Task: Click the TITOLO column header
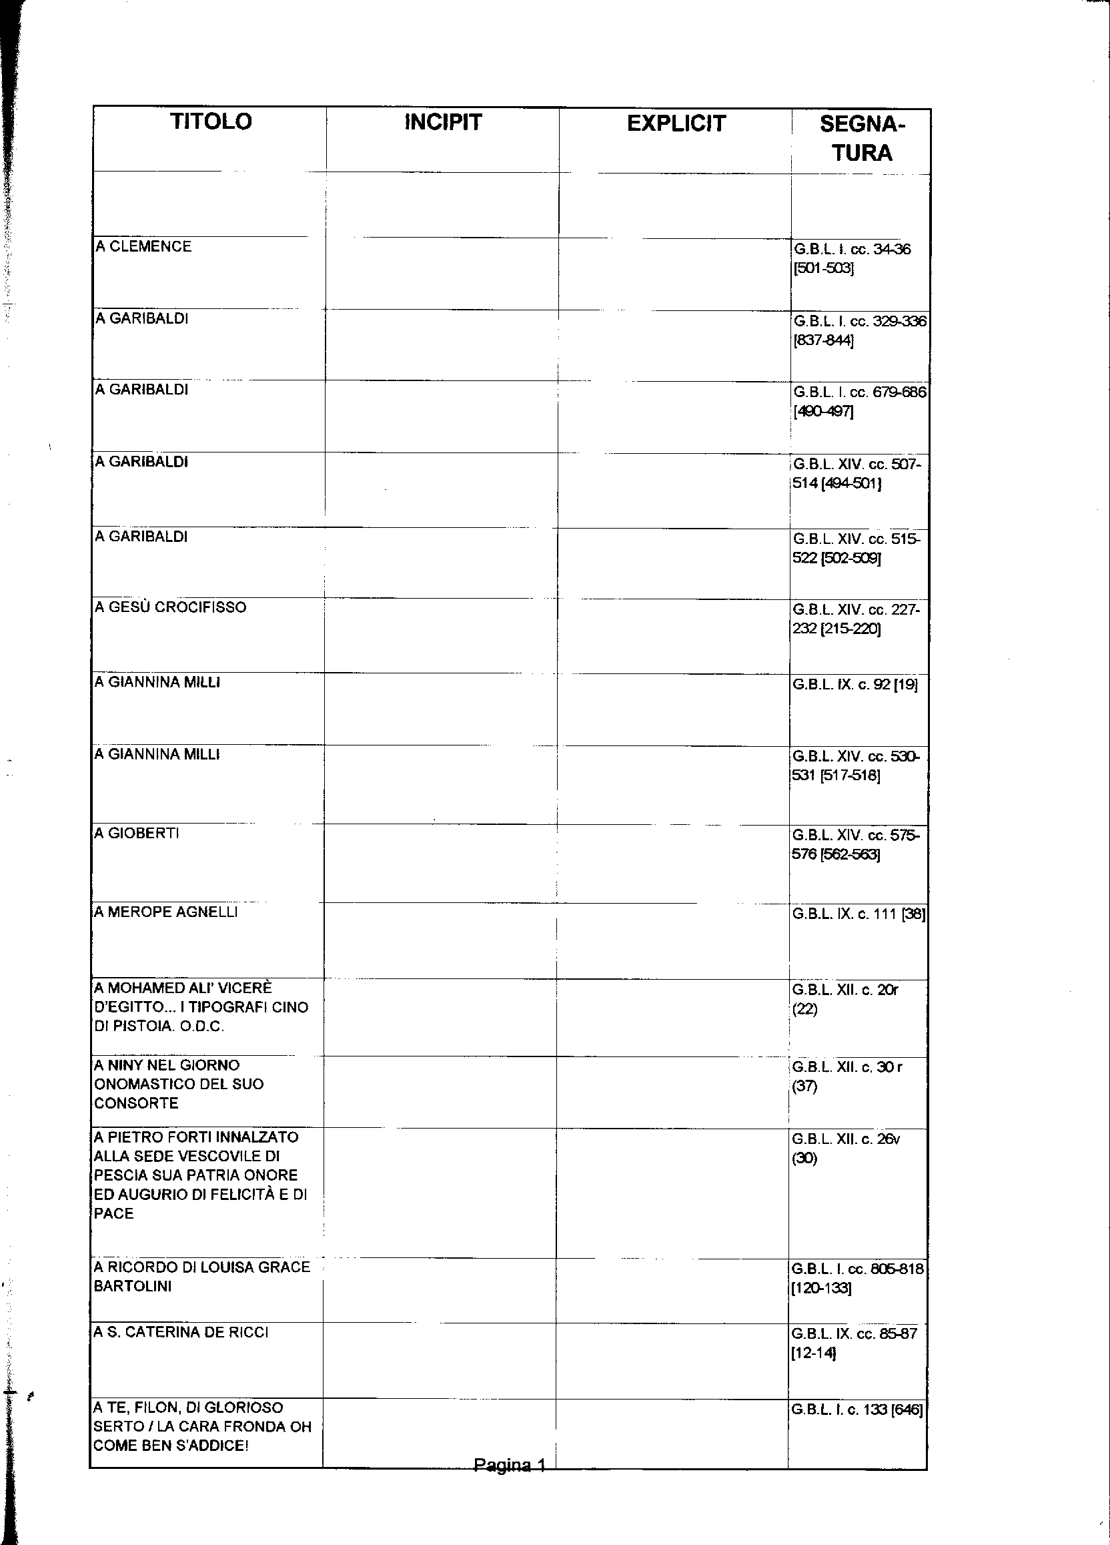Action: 210,122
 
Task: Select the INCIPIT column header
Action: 443,123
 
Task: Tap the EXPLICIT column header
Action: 676,124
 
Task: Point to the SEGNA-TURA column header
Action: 862,138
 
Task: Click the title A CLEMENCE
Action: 143,247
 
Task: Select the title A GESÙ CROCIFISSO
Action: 171,607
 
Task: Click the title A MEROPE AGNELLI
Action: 166,912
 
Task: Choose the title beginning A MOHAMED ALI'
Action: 201,1007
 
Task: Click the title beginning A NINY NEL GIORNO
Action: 179,1084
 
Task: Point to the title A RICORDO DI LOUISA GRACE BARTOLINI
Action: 201,1277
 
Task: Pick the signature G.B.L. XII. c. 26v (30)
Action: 846,1148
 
